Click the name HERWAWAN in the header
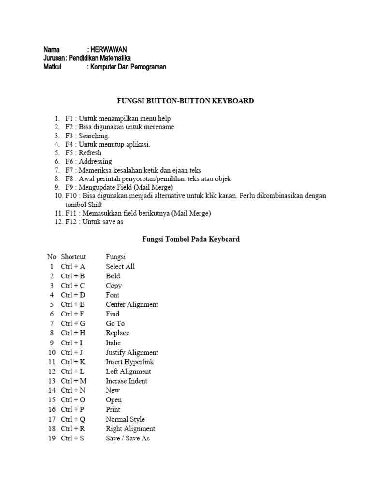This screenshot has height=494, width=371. click(x=109, y=50)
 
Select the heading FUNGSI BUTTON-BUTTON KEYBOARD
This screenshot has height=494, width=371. click(x=185, y=101)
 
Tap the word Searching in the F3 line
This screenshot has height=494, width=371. click(x=94, y=136)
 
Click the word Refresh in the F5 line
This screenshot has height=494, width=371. click(x=90, y=153)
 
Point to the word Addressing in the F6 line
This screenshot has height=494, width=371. click(x=95, y=161)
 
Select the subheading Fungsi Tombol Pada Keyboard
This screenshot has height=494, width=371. click(x=185, y=239)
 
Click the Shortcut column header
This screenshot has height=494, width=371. click(x=73, y=257)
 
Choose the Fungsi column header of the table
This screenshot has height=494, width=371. click(x=116, y=257)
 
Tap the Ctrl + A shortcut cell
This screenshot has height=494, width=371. click(x=73, y=267)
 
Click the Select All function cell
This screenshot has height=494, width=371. click(x=120, y=267)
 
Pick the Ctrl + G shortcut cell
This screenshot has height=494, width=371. click(x=73, y=324)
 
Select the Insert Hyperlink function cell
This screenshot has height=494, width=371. click(x=130, y=362)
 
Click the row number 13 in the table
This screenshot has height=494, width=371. click(x=52, y=381)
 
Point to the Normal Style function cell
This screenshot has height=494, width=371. click(x=125, y=419)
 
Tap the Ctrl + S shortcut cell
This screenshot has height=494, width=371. click(x=72, y=438)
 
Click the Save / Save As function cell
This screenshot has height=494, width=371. click(x=128, y=438)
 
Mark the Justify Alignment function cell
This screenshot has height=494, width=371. click(x=132, y=352)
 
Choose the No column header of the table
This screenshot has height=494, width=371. click(x=52, y=257)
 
